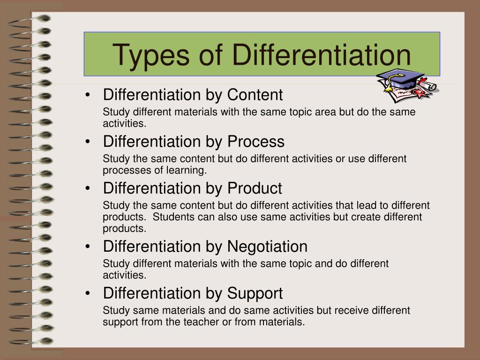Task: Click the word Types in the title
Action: tap(151, 56)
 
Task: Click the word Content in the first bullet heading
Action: tap(255, 95)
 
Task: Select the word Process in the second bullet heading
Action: tap(255, 142)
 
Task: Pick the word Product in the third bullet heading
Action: tap(255, 188)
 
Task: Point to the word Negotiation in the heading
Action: tap(267, 247)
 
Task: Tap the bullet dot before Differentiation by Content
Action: tap(88, 95)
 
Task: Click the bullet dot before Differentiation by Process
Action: tap(88, 142)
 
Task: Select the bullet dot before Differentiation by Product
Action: tap(88, 188)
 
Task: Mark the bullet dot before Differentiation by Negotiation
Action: tap(88, 247)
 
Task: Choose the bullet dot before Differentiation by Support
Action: tap(88, 293)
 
